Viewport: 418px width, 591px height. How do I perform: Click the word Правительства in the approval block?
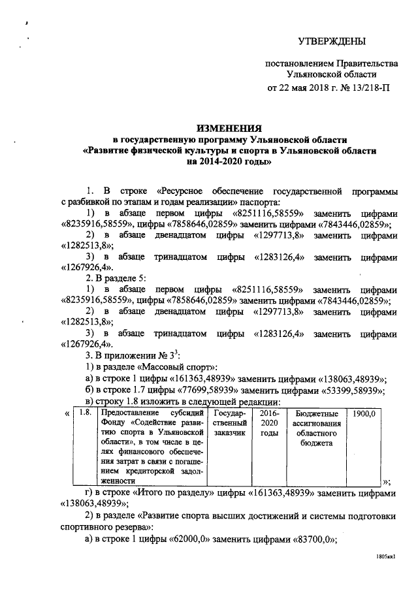[x=368, y=64]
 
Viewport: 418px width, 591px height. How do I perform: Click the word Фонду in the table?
[x=112, y=423]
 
